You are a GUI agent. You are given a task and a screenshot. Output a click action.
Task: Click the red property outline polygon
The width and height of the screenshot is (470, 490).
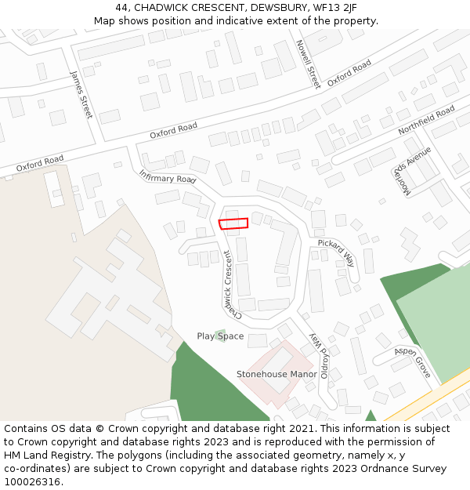coord(233,223)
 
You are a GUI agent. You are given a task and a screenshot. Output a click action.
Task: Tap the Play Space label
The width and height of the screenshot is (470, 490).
coord(220,336)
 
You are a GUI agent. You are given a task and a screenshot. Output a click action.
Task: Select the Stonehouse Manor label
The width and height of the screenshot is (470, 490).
coord(277,374)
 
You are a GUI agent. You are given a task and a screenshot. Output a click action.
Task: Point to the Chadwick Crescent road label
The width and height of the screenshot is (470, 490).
coord(227,285)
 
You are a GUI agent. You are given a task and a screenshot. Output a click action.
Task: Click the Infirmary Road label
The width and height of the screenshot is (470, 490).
coord(168,176)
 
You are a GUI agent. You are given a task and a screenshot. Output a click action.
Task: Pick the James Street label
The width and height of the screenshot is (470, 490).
coord(81,94)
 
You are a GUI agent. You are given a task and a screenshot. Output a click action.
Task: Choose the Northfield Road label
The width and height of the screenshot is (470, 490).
coord(426,121)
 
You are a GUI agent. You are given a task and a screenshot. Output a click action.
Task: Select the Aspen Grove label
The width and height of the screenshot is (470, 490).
coord(413,362)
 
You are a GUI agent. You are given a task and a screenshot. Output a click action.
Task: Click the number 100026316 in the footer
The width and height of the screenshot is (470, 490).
coord(32,481)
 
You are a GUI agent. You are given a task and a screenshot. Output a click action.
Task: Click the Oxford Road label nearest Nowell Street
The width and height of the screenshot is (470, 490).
coord(349,73)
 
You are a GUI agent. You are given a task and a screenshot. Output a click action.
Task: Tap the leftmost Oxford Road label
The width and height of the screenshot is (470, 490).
coord(40,164)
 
